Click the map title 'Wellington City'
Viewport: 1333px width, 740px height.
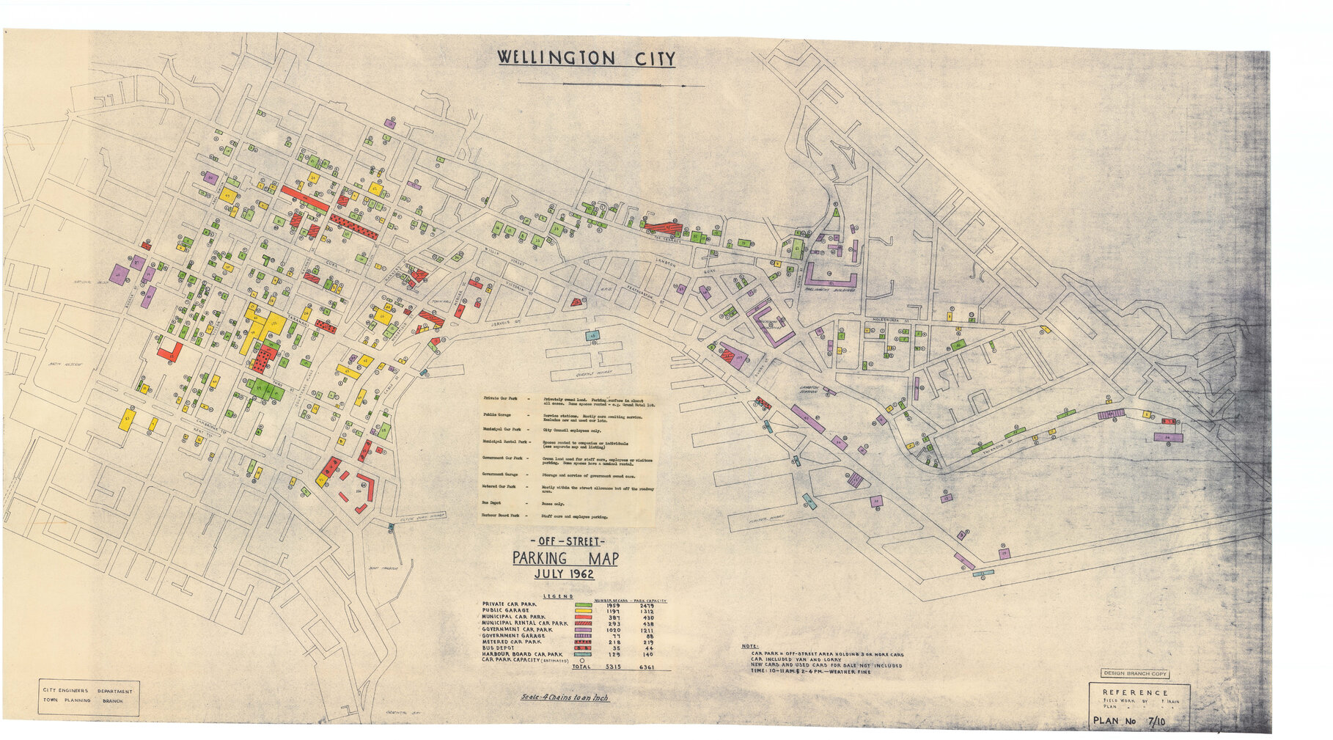[586, 58]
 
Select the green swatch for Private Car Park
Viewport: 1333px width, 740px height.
[584, 605]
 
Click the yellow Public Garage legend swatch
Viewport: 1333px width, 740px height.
[584, 611]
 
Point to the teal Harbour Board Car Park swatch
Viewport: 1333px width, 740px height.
[584, 654]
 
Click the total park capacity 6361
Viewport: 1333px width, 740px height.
[646, 667]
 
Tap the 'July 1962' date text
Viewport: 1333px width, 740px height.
[564, 574]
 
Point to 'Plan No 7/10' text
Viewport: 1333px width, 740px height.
[1129, 721]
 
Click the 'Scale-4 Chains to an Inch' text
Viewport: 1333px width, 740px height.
[564, 698]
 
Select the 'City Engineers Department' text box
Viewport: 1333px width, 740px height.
[88, 691]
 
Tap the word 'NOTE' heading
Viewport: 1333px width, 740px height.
[749, 646]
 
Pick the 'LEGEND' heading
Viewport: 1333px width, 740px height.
[557, 596]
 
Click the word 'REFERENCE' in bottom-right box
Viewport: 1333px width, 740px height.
[1136, 692]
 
